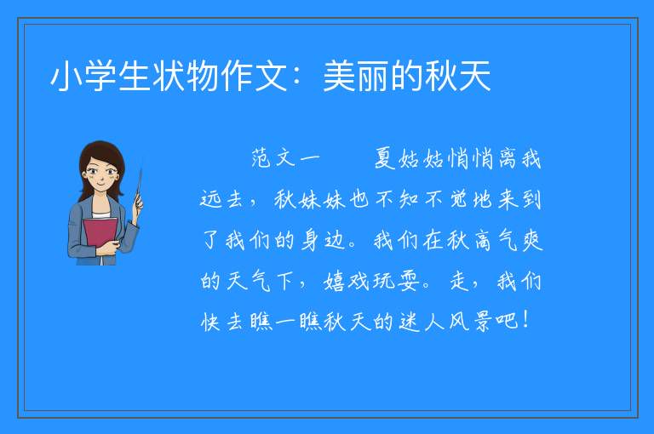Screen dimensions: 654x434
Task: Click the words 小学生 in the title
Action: point(100,76)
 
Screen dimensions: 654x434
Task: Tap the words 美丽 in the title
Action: point(356,76)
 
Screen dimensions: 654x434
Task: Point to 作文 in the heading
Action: point(254,76)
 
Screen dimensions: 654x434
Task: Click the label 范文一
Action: point(285,159)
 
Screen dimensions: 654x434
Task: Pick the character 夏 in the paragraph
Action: point(385,159)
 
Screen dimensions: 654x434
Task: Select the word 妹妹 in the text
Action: point(322,199)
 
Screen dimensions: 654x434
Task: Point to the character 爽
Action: point(531,241)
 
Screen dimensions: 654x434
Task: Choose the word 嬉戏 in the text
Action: point(347,282)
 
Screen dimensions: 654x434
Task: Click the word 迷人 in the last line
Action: point(422,322)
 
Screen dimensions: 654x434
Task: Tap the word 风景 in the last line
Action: point(470,322)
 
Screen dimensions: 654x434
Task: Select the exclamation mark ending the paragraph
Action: point(525,320)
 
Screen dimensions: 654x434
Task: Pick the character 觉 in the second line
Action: point(458,199)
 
